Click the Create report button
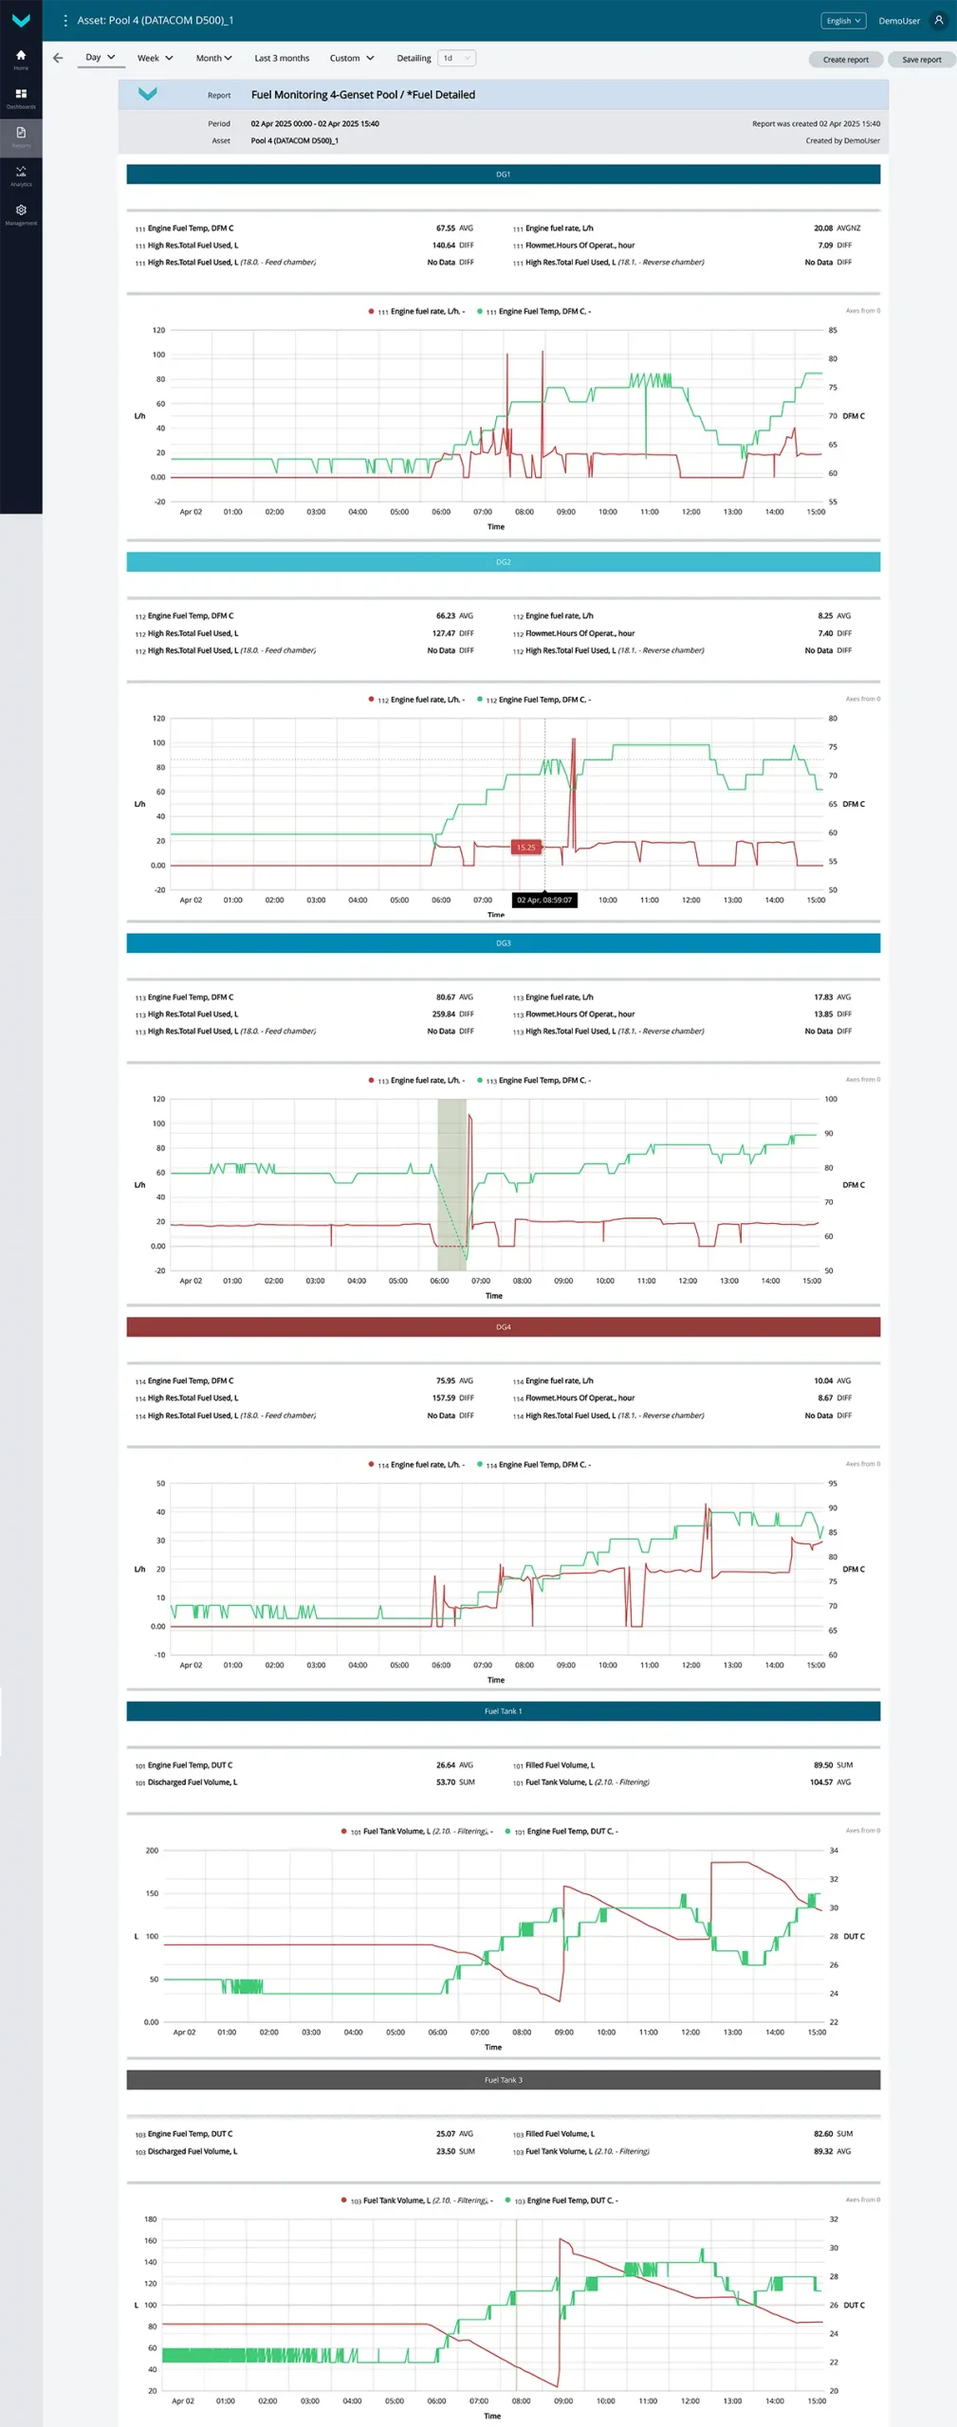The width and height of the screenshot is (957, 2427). (845, 60)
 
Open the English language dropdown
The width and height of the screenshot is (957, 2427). (842, 21)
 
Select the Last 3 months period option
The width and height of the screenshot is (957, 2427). (282, 59)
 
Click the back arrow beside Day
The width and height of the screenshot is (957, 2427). (58, 59)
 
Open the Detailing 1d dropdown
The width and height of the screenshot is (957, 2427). (456, 59)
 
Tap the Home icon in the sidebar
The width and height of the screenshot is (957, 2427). (21, 57)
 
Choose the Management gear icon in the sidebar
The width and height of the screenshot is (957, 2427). (21, 212)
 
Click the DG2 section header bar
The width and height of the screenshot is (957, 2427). (503, 562)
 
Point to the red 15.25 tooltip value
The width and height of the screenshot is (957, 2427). (525, 848)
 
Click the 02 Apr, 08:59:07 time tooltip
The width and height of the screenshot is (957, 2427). (544, 900)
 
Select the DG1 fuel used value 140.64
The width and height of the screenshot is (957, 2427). (444, 246)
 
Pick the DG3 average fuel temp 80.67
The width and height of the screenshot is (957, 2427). (445, 997)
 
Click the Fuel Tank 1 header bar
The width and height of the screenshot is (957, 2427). (503, 1711)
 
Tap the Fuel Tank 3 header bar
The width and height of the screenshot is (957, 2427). (503, 2080)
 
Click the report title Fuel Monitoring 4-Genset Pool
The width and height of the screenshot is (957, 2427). (362, 95)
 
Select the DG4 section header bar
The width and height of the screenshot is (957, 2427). (503, 1327)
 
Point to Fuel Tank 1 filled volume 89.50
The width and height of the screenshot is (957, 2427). (823, 1765)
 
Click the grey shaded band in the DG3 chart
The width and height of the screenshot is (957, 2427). (451, 1184)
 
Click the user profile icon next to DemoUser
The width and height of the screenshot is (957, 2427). (939, 20)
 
